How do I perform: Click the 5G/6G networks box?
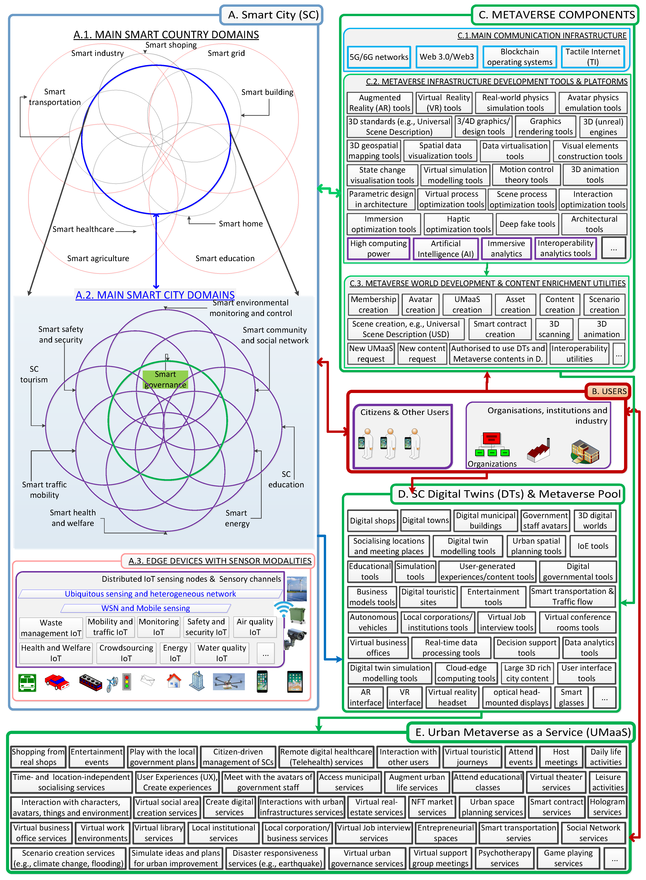[x=379, y=57]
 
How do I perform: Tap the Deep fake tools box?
[x=527, y=224]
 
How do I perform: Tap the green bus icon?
[x=27, y=683]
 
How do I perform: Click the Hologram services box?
[x=607, y=807]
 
